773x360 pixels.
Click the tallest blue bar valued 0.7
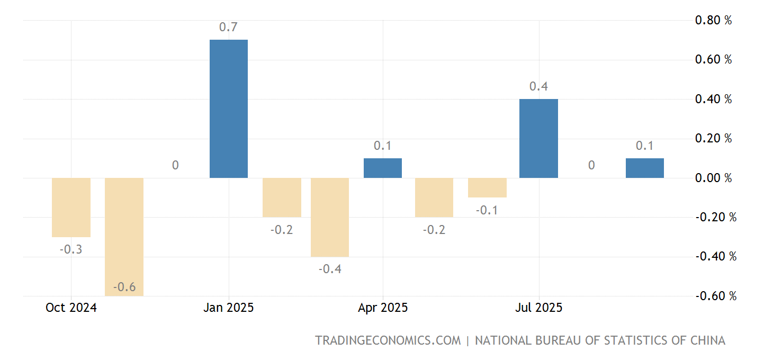coord(229,109)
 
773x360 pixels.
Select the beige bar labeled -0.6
coord(124,237)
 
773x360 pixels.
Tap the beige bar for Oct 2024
coord(71,207)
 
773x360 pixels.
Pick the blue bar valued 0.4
coord(538,138)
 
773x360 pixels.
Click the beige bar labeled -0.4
coord(329,217)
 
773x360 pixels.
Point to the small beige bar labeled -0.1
coord(487,187)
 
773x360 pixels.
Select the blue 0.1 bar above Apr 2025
coord(382,168)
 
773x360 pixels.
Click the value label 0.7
coord(228,27)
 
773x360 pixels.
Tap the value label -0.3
coord(70,249)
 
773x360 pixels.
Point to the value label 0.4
coord(538,86)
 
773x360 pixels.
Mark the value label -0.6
coord(124,287)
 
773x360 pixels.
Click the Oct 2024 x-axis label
coord(71,308)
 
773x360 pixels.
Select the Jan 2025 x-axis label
coord(228,308)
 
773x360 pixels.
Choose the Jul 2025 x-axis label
coord(538,308)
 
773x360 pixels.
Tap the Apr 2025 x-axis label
coord(382,308)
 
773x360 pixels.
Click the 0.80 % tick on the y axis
coord(713,20)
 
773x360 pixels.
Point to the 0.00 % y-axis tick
coord(713,178)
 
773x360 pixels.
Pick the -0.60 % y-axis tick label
coord(715,296)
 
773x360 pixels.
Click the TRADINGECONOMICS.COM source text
coord(388,340)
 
